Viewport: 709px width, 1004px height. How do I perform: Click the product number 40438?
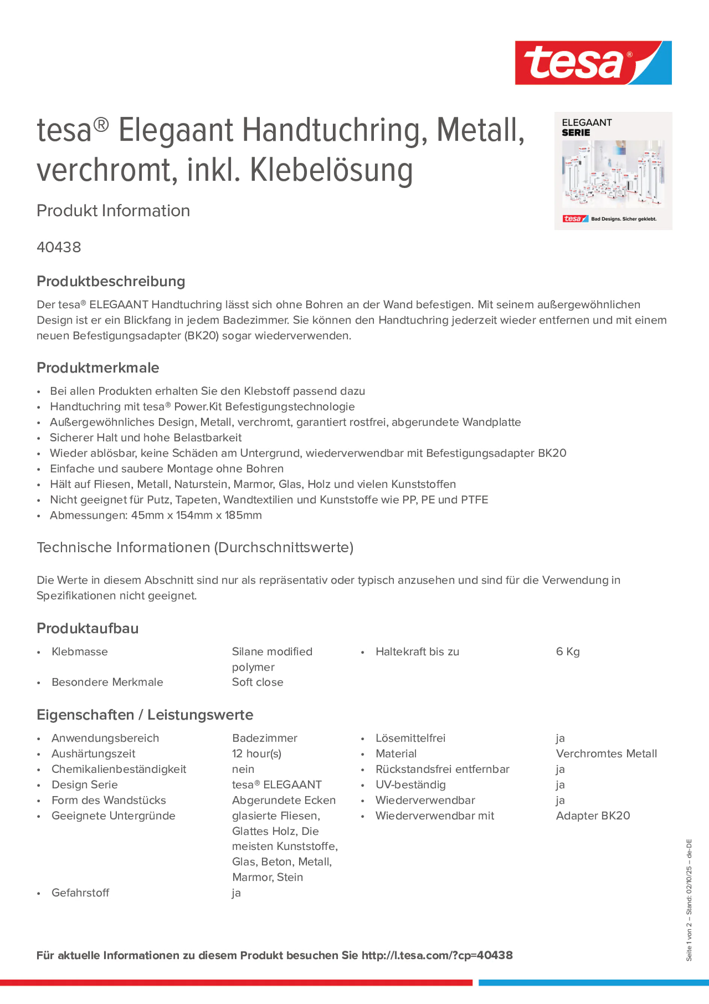point(59,247)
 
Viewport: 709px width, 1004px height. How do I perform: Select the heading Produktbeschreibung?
point(111,281)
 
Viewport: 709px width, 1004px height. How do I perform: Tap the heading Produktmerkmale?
point(98,368)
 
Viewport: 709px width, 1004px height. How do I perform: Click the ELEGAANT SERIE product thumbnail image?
point(613,171)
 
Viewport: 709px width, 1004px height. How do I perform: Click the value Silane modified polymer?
point(272,659)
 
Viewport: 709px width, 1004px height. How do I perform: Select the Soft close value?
point(257,682)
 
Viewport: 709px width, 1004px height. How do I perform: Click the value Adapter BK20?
point(593,816)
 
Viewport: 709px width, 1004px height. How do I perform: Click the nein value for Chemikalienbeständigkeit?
point(243,769)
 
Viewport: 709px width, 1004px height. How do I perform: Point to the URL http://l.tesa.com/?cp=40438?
point(437,956)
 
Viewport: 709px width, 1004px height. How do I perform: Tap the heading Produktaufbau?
point(88,628)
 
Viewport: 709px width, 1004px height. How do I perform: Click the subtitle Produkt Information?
point(113,211)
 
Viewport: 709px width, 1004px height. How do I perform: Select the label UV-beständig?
point(410,784)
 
